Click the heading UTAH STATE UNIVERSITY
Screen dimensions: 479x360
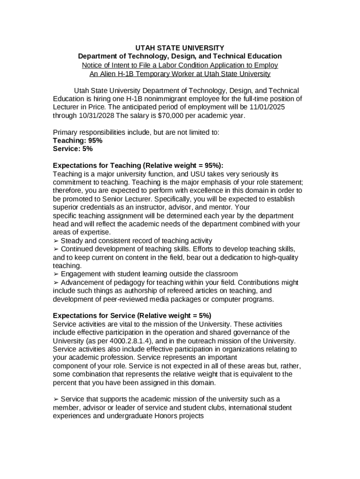click(180, 48)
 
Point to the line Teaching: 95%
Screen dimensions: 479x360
click(78, 140)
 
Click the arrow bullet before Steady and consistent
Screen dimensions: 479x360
click(56, 241)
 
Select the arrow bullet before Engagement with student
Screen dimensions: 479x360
click(56, 274)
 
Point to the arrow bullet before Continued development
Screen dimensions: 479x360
click(56, 249)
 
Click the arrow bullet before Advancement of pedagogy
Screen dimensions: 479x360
click(56, 283)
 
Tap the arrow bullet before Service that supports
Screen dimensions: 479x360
click(56, 399)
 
